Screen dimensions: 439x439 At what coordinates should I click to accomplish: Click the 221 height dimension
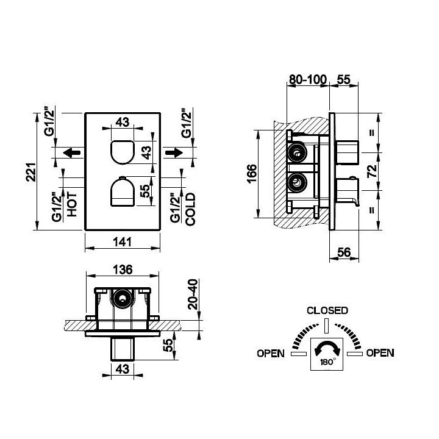[31, 172]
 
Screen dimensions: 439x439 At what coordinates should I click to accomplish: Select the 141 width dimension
[123, 242]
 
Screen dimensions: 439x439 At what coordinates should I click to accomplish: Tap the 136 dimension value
[123, 269]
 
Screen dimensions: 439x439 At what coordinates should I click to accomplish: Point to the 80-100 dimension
[308, 79]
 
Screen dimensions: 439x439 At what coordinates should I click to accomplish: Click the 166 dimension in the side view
[252, 174]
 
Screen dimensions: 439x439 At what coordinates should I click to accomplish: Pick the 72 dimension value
[372, 171]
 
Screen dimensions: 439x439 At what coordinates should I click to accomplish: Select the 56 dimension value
[344, 252]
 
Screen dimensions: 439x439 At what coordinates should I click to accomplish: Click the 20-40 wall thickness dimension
[193, 294]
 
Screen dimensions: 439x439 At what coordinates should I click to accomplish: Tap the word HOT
[72, 204]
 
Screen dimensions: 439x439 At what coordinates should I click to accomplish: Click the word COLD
[190, 209]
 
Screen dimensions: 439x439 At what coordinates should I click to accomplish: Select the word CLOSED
[327, 310]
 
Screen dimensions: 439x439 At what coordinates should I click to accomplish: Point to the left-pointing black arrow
[72, 153]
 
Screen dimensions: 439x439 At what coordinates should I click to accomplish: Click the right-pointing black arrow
[174, 153]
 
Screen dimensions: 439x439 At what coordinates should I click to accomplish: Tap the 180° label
[327, 362]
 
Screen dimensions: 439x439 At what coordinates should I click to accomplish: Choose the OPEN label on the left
[271, 353]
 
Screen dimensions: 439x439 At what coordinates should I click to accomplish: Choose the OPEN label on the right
[380, 353]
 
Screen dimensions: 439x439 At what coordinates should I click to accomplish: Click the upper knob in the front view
[123, 152]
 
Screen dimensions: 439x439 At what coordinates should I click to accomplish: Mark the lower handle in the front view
[123, 191]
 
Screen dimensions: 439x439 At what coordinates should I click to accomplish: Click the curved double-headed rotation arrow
[327, 348]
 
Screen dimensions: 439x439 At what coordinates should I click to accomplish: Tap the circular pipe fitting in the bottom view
[123, 299]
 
